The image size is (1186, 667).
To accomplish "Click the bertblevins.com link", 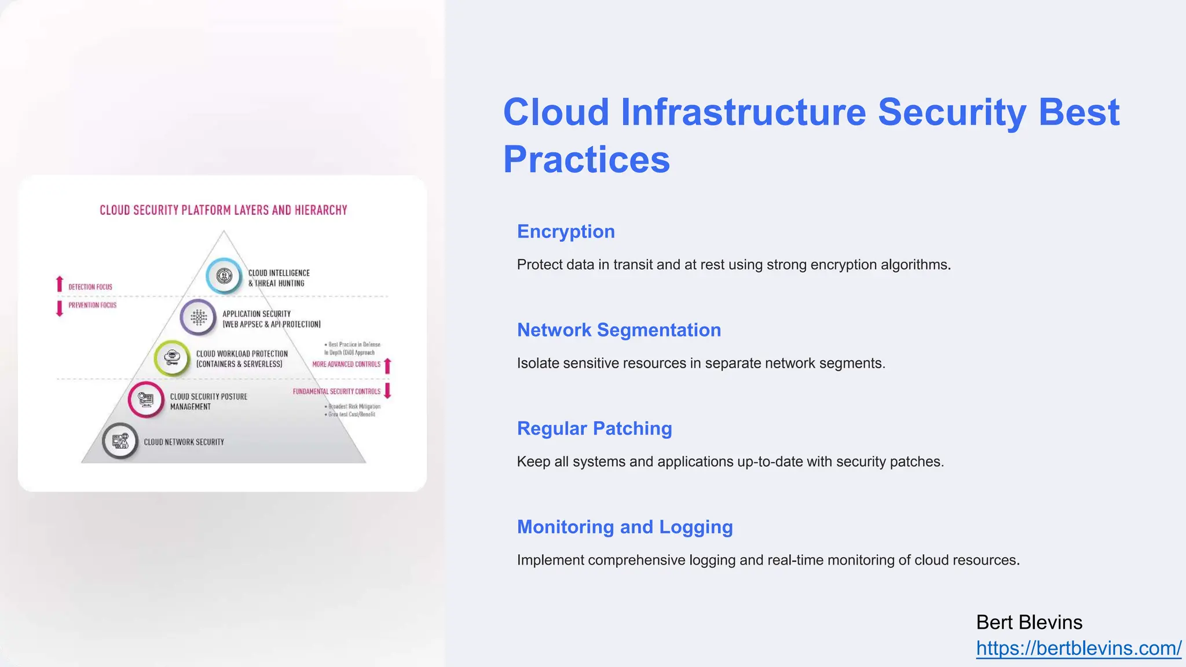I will click(x=1078, y=648).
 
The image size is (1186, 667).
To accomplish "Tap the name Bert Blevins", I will click(x=1029, y=622).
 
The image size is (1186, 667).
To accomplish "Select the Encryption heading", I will click(x=566, y=232).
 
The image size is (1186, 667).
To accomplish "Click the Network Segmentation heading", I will click(x=618, y=330).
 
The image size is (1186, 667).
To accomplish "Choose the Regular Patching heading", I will click(x=594, y=428).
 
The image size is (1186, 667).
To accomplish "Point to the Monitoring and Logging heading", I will click(x=625, y=527).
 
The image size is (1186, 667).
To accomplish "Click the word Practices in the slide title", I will click(x=586, y=159).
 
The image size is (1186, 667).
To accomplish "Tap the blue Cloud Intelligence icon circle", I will click(x=224, y=276).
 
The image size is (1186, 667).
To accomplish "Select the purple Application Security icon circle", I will click(x=199, y=317).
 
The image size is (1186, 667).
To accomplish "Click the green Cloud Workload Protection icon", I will click(x=172, y=358).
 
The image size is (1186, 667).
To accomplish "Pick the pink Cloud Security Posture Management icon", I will click(x=146, y=399).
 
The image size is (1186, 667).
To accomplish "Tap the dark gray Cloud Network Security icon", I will click(x=120, y=441).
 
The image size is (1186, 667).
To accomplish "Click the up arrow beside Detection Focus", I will click(x=59, y=284).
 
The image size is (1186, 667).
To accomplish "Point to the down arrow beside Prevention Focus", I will click(x=59, y=308).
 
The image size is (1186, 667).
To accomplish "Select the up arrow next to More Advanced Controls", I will click(x=388, y=365).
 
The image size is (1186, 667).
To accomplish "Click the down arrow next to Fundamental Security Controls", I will click(x=388, y=390).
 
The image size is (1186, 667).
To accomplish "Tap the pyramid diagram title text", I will click(x=223, y=210).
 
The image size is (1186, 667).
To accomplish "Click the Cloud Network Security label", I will click(x=184, y=442).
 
